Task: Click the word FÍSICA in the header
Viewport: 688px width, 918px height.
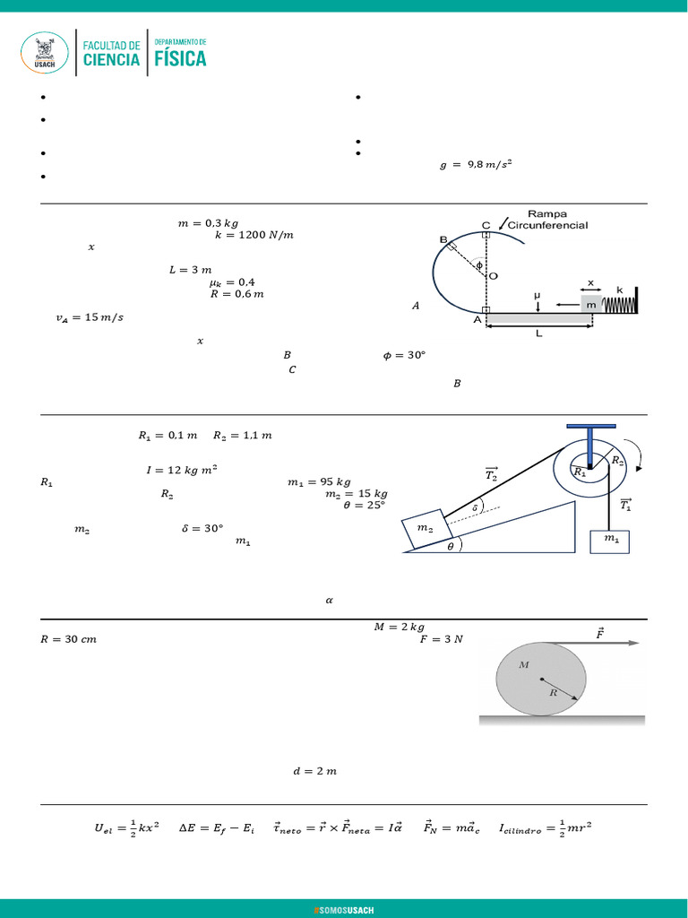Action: [x=180, y=58]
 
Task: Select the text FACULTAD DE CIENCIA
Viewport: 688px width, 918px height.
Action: [x=111, y=54]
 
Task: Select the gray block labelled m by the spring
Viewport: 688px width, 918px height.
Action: [x=591, y=305]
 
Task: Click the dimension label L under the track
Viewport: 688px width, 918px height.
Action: [x=538, y=333]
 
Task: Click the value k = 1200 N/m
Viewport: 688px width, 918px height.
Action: [x=254, y=235]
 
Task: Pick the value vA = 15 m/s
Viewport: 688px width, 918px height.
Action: [x=88, y=317]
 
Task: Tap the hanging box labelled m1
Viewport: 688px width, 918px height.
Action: [x=609, y=540]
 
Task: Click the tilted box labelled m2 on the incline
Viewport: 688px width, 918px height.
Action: [x=425, y=530]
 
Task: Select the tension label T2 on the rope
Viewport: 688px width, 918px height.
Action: [x=491, y=475]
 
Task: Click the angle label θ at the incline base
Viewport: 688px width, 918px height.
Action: [x=451, y=545]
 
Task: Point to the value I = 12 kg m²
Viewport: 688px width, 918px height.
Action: [x=181, y=469]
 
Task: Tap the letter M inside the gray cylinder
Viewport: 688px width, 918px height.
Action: [x=524, y=664]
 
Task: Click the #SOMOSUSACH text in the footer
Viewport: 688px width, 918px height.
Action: [x=344, y=910]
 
